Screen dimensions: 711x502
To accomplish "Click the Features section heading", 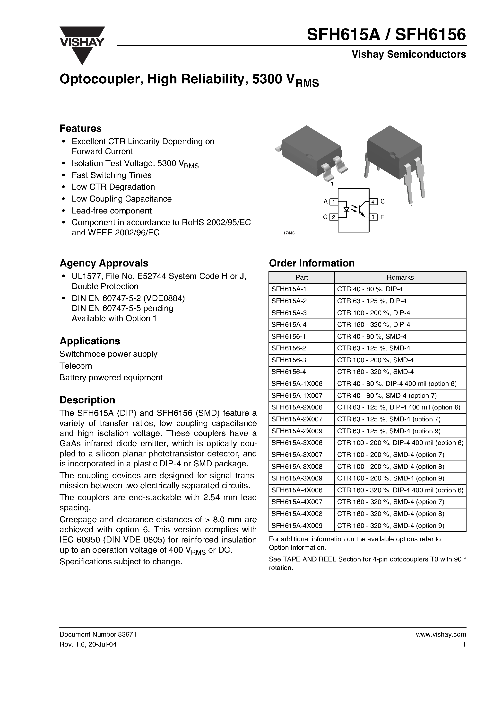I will (80, 128).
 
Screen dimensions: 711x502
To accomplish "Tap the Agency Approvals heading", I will (104, 263).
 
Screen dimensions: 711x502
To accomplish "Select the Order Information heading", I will (312, 263).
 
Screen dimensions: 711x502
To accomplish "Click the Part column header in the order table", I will (302, 277).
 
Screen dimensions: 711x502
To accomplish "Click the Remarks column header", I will (400, 277).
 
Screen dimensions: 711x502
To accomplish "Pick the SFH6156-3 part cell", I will (288, 360).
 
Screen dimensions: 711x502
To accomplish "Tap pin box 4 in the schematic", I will (373, 202).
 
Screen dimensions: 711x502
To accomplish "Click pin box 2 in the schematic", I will (333, 217).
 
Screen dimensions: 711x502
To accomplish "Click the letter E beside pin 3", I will (382, 217).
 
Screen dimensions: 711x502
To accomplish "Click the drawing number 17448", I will (289, 233).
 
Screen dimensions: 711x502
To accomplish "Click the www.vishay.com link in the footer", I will (441, 634).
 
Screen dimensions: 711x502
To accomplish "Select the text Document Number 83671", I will (98, 634).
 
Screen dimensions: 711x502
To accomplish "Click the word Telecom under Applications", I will (76, 366).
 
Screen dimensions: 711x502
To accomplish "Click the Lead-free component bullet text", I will (112, 211).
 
